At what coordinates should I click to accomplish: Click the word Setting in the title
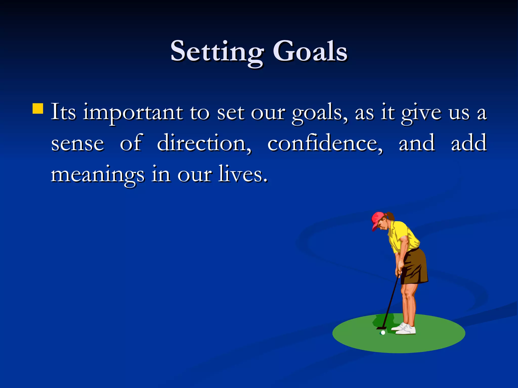tap(217, 52)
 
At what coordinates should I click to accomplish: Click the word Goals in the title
tap(310, 52)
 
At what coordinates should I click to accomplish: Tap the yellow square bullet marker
tap(38, 108)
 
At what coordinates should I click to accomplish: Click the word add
tap(469, 143)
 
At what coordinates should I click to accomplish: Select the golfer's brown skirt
tap(415, 268)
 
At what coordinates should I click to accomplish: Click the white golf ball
tap(383, 333)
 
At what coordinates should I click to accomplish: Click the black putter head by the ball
tap(381, 328)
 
